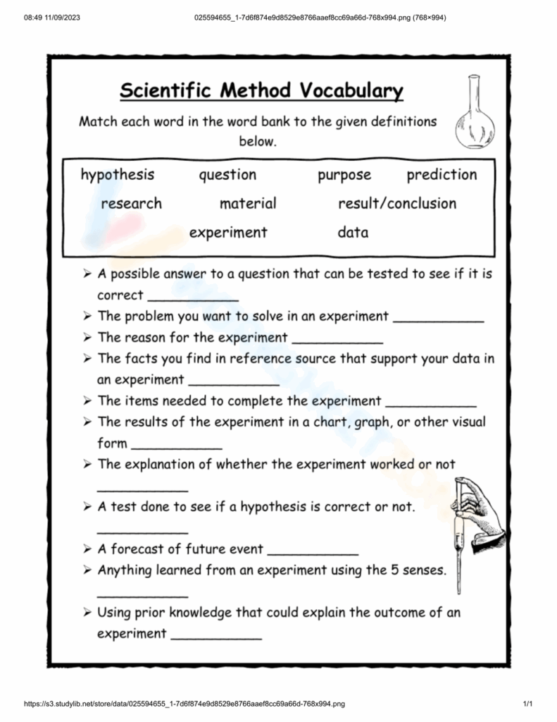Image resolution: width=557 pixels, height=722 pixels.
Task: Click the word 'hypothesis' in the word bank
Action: [117, 175]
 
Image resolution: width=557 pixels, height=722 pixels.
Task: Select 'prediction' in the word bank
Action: [442, 175]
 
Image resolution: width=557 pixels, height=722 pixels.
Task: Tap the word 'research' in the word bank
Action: [131, 204]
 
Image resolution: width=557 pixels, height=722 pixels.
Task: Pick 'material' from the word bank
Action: [248, 204]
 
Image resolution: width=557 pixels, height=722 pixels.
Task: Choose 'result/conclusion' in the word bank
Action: [397, 204]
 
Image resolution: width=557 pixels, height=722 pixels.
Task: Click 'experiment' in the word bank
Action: [228, 232]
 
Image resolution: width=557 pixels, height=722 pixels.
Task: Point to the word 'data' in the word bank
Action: [353, 232]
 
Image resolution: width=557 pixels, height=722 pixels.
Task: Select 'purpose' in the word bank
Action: [344, 176]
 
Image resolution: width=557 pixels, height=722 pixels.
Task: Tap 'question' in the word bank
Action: [227, 176]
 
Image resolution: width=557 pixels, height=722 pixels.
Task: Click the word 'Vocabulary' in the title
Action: [352, 91]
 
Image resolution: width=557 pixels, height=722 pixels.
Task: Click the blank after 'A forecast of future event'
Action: [313, 553]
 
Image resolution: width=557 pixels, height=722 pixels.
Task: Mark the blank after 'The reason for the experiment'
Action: [337, 342]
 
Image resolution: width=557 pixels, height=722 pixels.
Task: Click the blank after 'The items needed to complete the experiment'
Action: [431, 405]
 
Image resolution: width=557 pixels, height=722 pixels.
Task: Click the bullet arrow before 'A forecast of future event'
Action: [87, 549]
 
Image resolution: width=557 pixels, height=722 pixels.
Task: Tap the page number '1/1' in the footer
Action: [527, 704]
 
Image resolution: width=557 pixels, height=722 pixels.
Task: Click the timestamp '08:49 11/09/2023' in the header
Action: [52, 17]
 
